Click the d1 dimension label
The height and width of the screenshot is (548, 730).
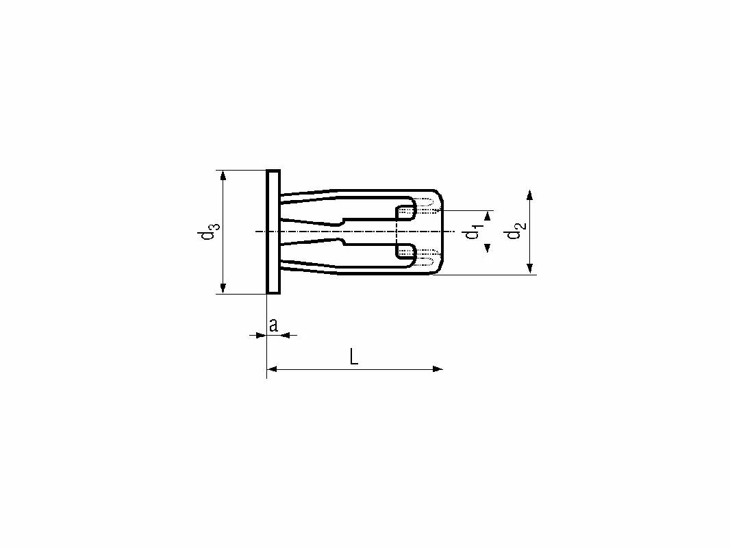(473, 232)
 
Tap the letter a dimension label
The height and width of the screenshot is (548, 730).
(274, 325)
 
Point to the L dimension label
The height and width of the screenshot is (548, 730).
(354, 357)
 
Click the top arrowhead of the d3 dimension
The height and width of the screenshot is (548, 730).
(223, 175)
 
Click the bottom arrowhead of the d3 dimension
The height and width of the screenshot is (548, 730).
(223, 288)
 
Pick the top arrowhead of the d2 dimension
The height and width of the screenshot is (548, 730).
(529, 195)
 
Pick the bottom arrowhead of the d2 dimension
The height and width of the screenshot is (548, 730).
(529, 269)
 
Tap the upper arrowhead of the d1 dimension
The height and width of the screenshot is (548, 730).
(488, 216)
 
